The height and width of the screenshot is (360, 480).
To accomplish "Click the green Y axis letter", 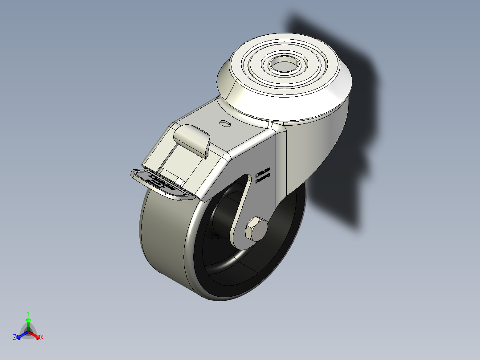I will click(28, 313).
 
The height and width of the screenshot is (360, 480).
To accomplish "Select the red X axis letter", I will click(41, 338).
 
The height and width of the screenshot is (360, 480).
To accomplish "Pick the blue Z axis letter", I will click(15, 338).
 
